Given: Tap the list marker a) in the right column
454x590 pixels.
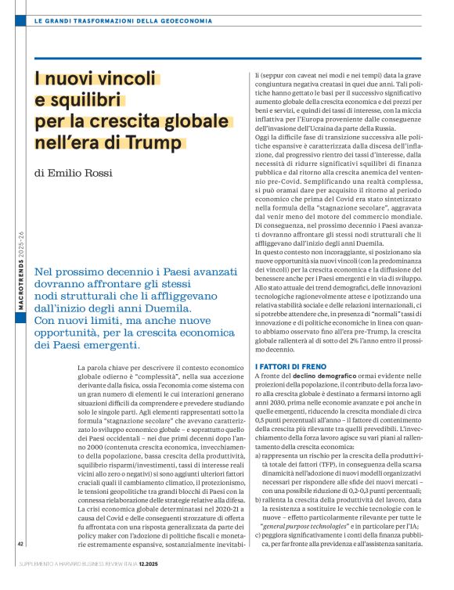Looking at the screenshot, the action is (x=260, y=453).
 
